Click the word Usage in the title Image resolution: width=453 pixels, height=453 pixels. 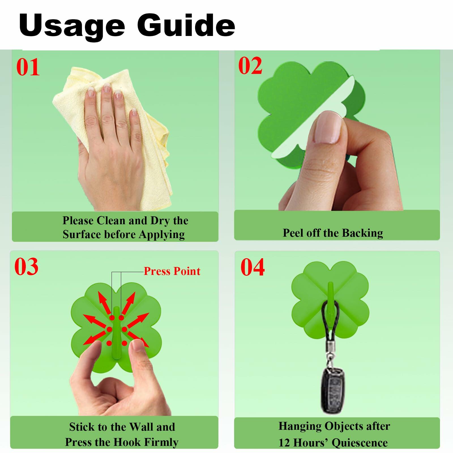tap(72, 26)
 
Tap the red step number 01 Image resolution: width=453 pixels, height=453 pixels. tap(28, 67)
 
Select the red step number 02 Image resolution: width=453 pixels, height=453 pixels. tap(250, 66)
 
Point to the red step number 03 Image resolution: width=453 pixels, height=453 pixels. tap(26, 267)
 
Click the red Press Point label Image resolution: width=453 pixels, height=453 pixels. tap(172, 271)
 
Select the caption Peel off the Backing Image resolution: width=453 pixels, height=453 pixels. tap(333, 233)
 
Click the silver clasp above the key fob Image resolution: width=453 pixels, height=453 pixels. tap(330, 355)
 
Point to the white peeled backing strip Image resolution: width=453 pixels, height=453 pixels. tap(313, 116)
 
